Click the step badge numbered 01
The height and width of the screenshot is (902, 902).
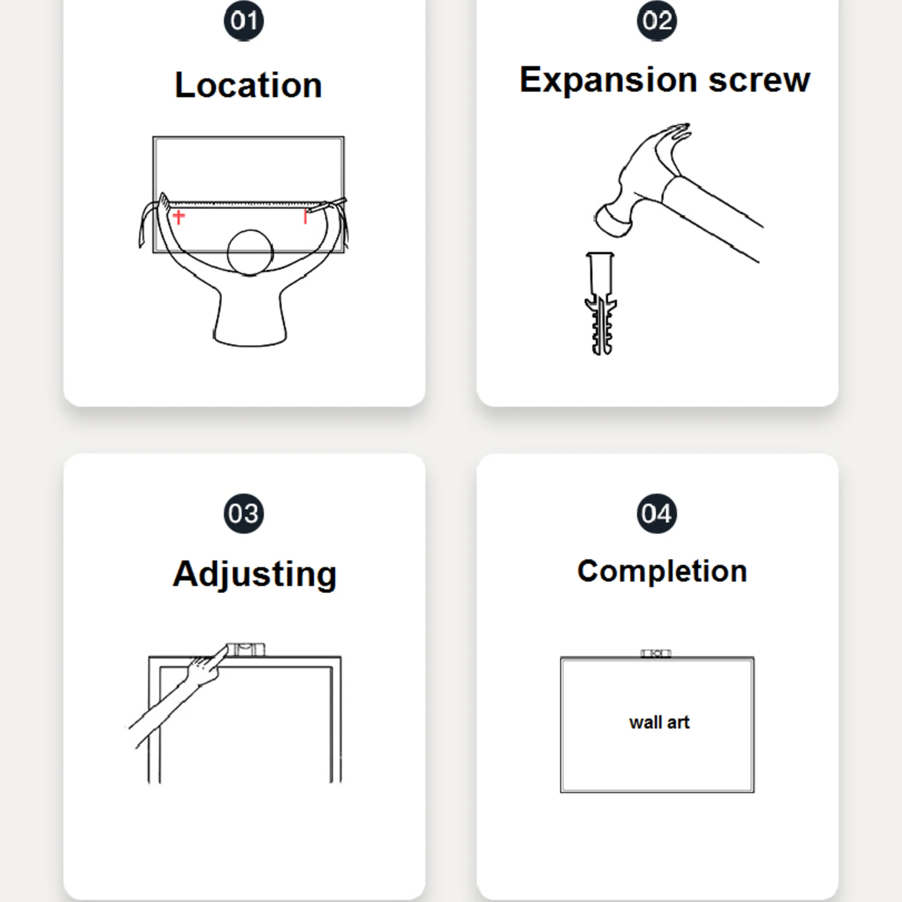click(x=244, y=20)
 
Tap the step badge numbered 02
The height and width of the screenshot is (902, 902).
click(x=657, y=20)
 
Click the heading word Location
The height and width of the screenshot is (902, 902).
click(x=248, y=85)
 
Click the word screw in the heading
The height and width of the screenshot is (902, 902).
click(x=760, y=80)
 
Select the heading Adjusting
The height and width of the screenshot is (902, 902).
click(x=255, y=575)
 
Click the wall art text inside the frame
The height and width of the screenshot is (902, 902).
click(x=659, y=722)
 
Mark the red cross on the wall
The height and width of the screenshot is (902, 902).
click(x=179, y=216)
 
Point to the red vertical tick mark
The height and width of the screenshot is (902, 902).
click(x=305, y=216)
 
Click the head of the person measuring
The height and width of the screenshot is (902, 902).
click(x=250, y=253)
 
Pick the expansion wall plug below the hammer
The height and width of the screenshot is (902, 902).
click(x=601, y=303)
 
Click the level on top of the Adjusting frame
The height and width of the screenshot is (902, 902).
click(x=246, y=649)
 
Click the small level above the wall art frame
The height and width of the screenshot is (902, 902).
click(x=656, y=654)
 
